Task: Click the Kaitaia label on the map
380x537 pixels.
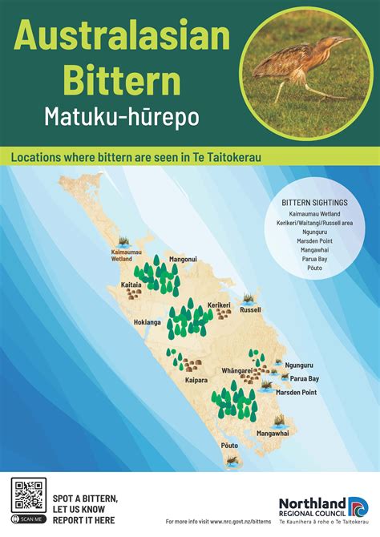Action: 131,284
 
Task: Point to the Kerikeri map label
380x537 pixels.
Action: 220,305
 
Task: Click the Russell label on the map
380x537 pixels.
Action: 250,309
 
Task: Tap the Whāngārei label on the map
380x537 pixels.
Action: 237,371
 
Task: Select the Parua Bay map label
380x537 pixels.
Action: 305,378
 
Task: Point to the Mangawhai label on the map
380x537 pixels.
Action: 273,433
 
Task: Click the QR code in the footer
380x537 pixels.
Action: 29,494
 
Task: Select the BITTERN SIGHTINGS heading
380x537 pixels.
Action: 315,203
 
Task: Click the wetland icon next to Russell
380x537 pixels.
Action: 249,298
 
